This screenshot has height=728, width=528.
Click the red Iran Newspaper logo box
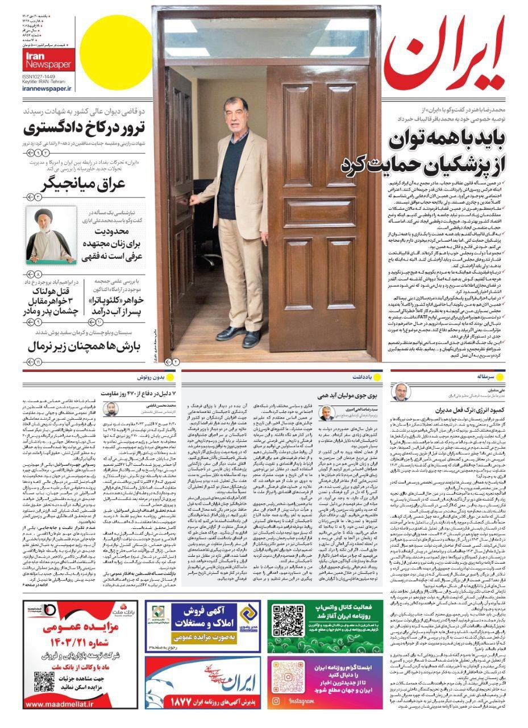49,59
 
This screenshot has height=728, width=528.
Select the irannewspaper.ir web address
47,89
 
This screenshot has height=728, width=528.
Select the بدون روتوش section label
151,377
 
